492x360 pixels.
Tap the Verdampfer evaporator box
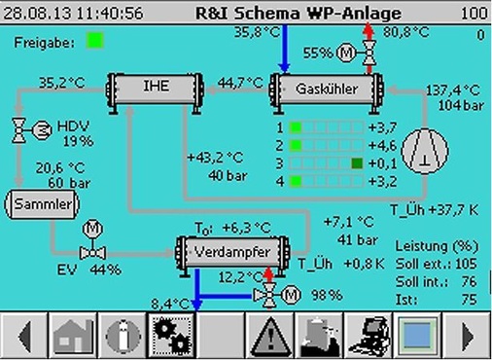pyautogui.click(x=233, y=251)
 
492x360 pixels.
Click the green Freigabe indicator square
pyautogui.click(x=94, y=41)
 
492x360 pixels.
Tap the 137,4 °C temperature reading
pyautogui.click(x=452, y=90)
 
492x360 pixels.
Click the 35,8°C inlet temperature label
pyautogui.click(x=257, y=32)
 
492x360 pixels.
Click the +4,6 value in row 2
pyautogui.click(x=383, y=145)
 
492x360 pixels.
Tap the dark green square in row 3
pyautogui.click(x=358, y=162)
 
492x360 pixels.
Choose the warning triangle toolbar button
pyautogui.click(x=264, y=336)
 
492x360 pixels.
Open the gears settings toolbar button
pyautogui.click(x=171, y=336)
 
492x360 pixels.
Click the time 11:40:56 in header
pyautogui.click(x=108, y=15)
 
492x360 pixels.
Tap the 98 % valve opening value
pyautogui.click(x=329, y=295)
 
